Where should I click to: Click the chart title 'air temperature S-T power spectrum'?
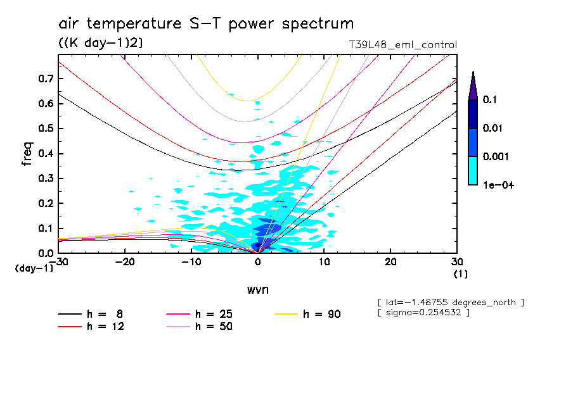click(x=206, y=24)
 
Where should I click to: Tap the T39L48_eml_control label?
click(x=403, y=45)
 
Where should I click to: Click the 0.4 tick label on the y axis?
click(x=44, y=154)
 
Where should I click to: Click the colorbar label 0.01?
click(x=493, y=129)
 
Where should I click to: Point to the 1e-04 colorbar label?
click(x=498, y=184)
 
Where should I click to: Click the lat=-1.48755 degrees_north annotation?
click(x=451, y=303)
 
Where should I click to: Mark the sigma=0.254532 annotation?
click(x=423, y=312)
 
